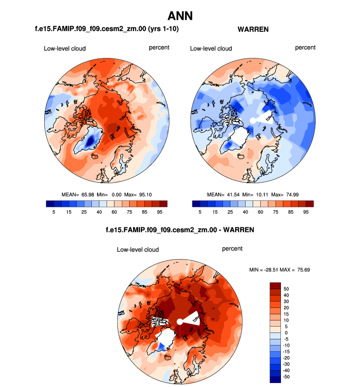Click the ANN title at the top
180,16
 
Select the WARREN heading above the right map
253,29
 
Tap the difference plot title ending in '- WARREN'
180,229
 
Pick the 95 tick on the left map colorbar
160,212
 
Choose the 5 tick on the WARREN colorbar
200,212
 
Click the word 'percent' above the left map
159,48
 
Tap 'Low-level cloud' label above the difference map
138,249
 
